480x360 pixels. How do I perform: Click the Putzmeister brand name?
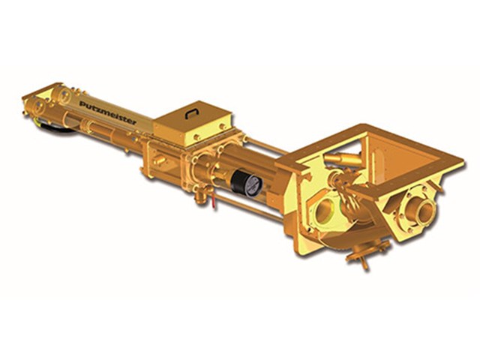coord(108,112)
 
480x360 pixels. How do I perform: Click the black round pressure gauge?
coord(247,183)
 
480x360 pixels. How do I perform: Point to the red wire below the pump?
coord(213,201)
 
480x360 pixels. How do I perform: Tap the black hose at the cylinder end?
coord(55,127)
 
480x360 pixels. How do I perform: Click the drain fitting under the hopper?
coord(366,251)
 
